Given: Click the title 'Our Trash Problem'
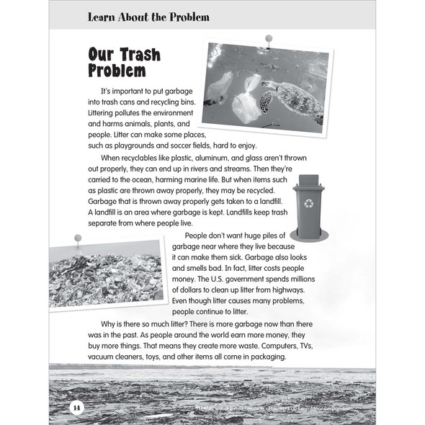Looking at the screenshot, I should click(x=124, y=63).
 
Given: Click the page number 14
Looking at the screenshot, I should click(x=76, y=408).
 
